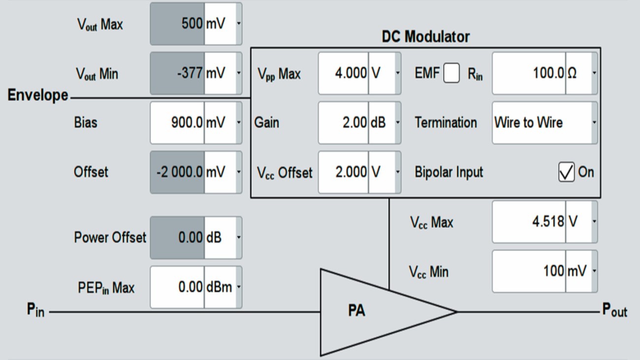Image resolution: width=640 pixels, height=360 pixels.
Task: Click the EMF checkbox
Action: (x=451, y=74)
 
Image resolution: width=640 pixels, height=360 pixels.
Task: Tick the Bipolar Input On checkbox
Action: (x=567, y=172)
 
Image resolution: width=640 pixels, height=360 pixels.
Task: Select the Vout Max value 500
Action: (x=178, y=24)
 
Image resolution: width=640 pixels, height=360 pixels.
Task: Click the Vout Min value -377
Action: (x=178, y=73)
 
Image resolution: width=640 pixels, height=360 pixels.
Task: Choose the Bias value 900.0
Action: (x=178, y=123)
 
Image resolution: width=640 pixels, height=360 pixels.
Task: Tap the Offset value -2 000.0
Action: (x=178, y=172)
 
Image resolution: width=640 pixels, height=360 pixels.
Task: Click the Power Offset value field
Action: (x=178, y=237)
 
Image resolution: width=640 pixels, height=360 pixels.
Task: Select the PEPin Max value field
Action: (x=178, y=287)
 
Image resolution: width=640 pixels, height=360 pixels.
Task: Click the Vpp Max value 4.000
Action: (x=344, y=73)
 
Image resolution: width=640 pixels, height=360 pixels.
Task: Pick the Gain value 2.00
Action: (x=344, y=123)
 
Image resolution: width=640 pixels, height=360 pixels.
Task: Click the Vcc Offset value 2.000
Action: (x=344, y=172)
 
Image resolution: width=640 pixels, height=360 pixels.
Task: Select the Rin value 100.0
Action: (x=529, y=73)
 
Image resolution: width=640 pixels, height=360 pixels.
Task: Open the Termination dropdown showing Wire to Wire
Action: (x=544, y=123)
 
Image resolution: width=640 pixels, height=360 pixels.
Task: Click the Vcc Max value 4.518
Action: (x=529, y=222)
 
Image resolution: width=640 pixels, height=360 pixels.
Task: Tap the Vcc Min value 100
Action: (x=529, y=271)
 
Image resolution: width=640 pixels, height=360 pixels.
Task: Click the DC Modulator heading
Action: (x=425, y=36)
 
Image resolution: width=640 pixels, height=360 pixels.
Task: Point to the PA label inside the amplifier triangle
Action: (x=356, y=311)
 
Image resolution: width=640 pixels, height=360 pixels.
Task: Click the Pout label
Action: (x=615, y=311)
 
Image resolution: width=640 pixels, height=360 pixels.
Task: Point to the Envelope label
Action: (x=37, y=95)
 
